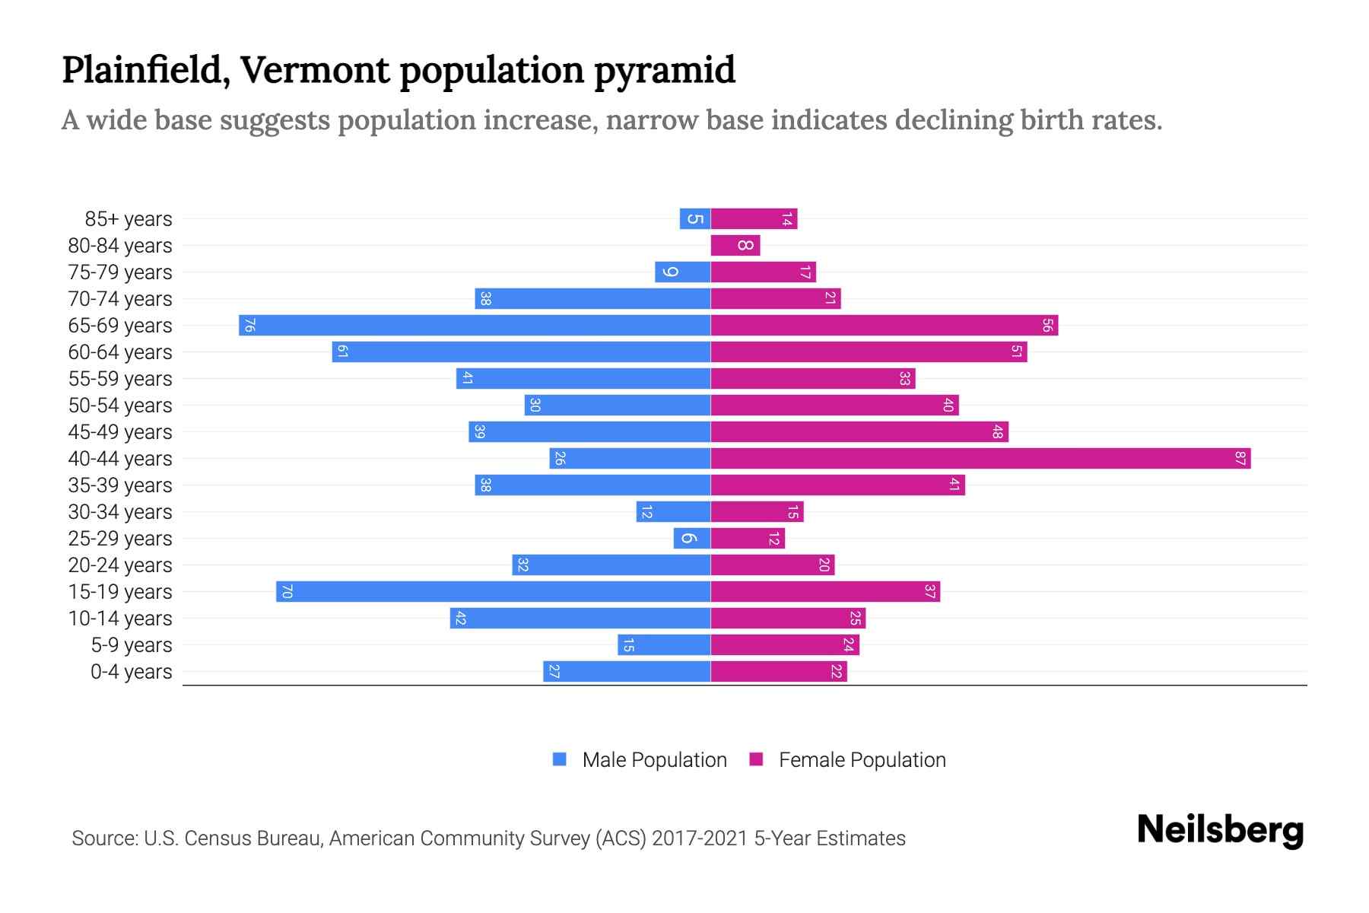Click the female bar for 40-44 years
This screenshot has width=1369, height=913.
pyautogui.click(x=980, y=459)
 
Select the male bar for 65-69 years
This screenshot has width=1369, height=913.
pyautogui.click(x=475, y=326)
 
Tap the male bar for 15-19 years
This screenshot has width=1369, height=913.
pyautogui.click(x=493, y=592)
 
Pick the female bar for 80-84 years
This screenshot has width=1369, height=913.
pyautogui.click(x=735, y=246)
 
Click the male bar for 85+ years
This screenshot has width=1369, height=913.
pyautogui.click(x=694, y=219)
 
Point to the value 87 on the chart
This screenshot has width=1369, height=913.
pyautogui.click(x=1240, y=459)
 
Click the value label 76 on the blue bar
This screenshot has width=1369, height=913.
pyautogui.click(x=249, y=326)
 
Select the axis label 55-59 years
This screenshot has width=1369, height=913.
pyautogui.click(x=120, y=379)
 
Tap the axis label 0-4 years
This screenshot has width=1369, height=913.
pyautogui.click(x=131, y=672)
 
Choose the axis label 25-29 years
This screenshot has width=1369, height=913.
pyautogui.click(x=120, y=539)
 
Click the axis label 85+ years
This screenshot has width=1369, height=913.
pyautogui.click(x=128, y=219)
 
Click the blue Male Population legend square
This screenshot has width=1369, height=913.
pyautogui.click(x=560, y=759)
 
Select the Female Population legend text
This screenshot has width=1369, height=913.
pyautogui.click(x=862, y=760)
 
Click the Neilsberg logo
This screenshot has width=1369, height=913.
pyautogui.click(x=1220, y=830)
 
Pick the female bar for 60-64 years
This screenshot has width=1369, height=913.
pyautogui.click(x=869, y=352)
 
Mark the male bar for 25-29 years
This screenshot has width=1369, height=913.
pyautogui.click(x=691, y=539)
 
